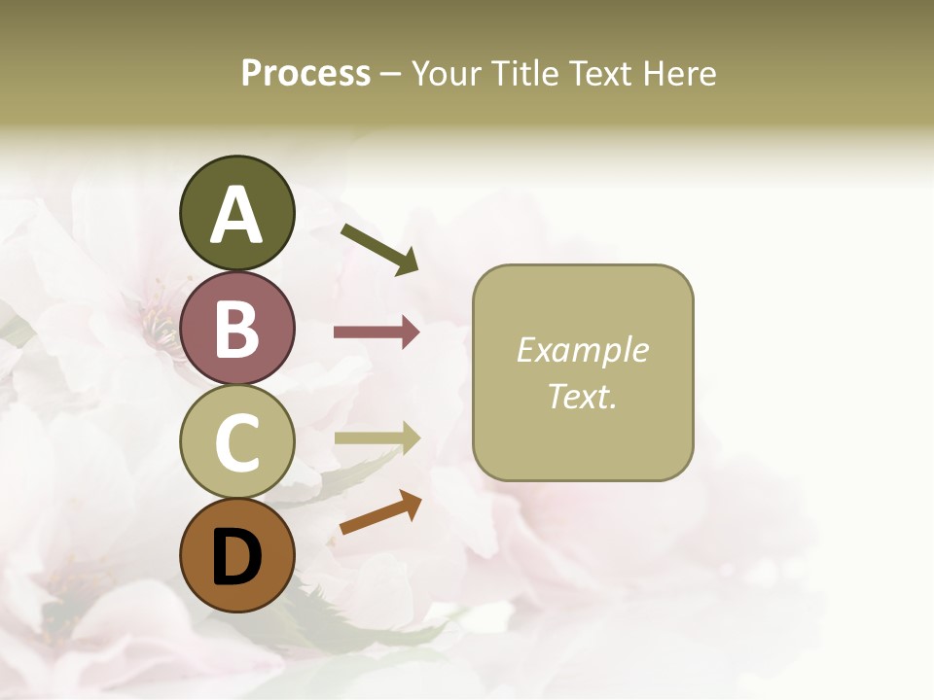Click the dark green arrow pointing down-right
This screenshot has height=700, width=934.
pyautogui.click(x=379, y=249)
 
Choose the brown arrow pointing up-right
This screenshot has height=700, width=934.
pyautogui.click(x=380, y=513)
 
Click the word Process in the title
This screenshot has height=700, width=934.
pyautogui.click(x=305, y=74)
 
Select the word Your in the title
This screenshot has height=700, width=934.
pyautogui.click(x=447, y=74)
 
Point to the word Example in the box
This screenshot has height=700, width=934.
pyautogui.click(x=582, y=350)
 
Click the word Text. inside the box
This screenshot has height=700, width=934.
pyautogui.click(x=582, y=396)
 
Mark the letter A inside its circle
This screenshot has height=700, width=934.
pyautogui.click(x=236, y=215)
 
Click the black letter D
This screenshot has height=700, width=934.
pyautogui.click(x=236, y=557)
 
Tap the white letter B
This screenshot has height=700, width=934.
pyautogui.click(x=236, y=329)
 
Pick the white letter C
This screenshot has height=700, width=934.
pyautogui.click(x=236, y=443)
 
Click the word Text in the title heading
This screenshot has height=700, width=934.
pyautogui.click(x=600, y=74)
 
